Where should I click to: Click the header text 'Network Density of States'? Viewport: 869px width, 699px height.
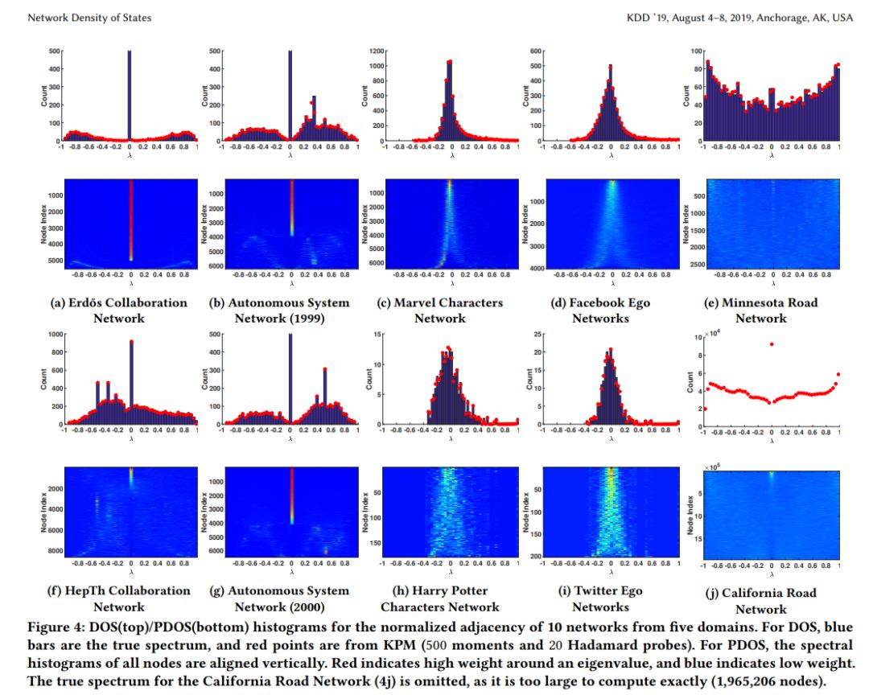pos(89,17)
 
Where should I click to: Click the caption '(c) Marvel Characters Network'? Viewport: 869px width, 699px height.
pos(440,310)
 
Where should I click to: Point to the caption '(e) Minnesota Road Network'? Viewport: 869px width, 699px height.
pos(761,310)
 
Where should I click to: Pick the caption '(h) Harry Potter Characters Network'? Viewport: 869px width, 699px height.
pos(440,598)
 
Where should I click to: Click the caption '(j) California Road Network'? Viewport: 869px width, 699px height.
pos(761,601)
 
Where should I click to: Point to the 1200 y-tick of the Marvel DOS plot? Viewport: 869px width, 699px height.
pos(373,51)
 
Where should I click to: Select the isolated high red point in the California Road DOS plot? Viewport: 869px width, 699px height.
pos(772,344)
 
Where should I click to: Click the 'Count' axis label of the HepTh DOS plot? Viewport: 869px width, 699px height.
pos(45,378)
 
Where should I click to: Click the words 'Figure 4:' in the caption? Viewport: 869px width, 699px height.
pos(56,626)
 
